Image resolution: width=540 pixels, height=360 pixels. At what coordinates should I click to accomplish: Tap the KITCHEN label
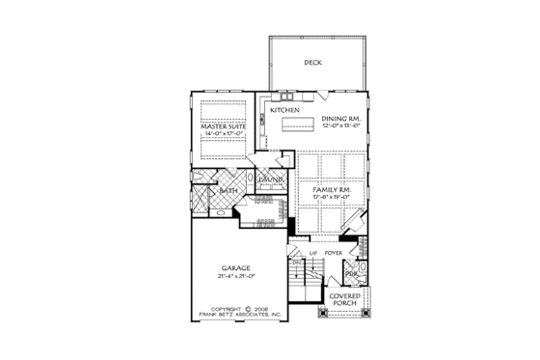[285, 111]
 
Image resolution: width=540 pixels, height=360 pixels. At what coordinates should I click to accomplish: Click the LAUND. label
[269, 180]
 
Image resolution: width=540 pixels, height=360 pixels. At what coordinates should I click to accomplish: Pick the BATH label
[229, 191]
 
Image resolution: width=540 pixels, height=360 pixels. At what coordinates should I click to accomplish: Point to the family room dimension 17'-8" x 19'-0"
[330, 199]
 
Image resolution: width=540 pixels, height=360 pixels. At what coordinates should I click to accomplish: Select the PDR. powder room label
[350, 273]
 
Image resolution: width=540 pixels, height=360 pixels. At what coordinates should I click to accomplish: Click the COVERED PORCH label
[344, 300]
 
